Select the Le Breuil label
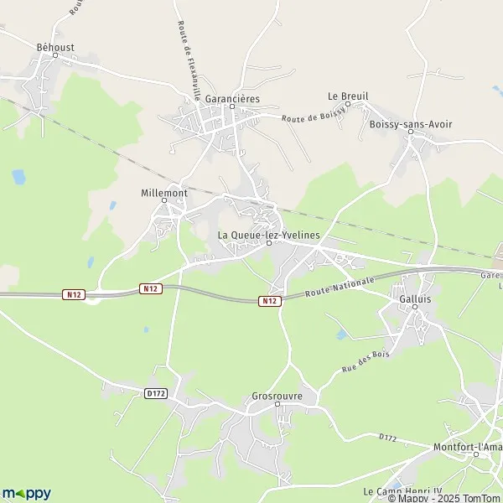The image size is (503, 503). click(348, 96)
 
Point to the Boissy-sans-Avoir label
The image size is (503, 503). click(411, 124)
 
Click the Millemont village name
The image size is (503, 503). click(163, 192)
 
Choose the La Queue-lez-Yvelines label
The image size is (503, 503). click(269, 235)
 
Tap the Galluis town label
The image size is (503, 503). click(414, 297)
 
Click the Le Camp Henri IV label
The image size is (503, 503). click(402, 490)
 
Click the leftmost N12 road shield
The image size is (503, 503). click(74, 294)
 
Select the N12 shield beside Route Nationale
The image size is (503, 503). click(268, 301)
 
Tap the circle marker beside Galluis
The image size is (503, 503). click(414, 307)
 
